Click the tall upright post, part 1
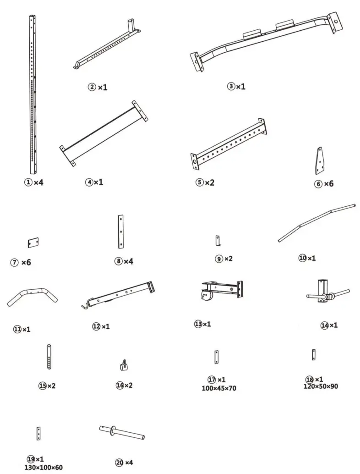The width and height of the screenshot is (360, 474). coord(32,92)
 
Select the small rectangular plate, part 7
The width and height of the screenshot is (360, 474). coord(33,242)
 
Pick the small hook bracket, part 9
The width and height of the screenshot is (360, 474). coord(218,240)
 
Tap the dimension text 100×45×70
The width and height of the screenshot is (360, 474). coord(218,388)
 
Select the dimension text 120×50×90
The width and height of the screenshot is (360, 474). coord(321,386)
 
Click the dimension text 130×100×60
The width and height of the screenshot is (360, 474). coord(44,468)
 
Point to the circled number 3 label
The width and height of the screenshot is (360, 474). coord(231,86)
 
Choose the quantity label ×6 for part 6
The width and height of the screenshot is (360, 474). coord(329,184)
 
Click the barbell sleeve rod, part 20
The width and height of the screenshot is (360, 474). coord(122,432)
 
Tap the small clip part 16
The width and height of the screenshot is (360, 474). coord(123,365)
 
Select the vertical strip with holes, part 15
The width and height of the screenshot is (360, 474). coord(49,356)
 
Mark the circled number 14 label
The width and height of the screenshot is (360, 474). coord(325,325)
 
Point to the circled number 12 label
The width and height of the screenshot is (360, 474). coord(96,326)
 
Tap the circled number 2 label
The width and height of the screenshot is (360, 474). coord(92,87)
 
